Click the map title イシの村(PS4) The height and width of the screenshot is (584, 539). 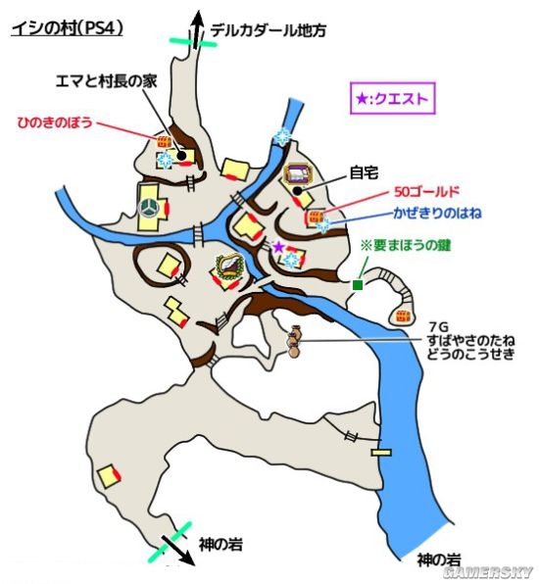pyautogui.click(x=67, y=29)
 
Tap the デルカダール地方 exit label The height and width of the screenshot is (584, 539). pyautogui.click(x=269, y=30)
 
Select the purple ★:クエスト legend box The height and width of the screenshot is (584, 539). pyautogui.click(x=392, y=98)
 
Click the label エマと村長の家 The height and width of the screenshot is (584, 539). pyautogui.click(x=106, y=81)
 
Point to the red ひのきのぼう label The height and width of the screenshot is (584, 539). pyautogui.click(x=55, y=122)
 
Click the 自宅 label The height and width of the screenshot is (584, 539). pyautogui.click(x=364, y=172)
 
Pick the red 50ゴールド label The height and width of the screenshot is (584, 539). pyautogui.click(x=426, y=192)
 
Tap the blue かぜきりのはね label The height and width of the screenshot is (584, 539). pyautogui.click(x=437, y=213)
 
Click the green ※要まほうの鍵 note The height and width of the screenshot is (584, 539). pyautogui.click(x=406, y=246)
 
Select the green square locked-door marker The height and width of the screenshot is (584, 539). pyautogui.click(x=358, y=285)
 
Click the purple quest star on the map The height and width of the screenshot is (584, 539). pyautogui.click(x=277, y=247)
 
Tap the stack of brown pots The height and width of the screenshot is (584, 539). pyautogui.click(x=294, y=342)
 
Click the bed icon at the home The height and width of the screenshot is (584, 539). pyautogui.click(x=297, y=174)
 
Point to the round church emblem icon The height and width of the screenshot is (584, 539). pyautogui.click(x=148, y=208)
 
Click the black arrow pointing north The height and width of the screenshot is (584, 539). pyautogui.click(x=197, y=29)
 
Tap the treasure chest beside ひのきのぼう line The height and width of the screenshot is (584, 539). pyautogui.click(x=164, y=141)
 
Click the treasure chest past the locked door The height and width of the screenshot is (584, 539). pyautogui.click(x=403, y=316)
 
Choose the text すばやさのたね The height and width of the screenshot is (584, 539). pyautogui.click(x=471, y=340)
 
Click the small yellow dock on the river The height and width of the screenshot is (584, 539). pyautogui.click(x=381, y=452)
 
